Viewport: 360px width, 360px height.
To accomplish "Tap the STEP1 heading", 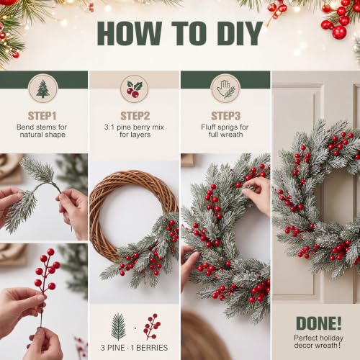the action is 42,116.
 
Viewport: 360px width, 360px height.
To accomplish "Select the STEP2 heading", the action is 135,116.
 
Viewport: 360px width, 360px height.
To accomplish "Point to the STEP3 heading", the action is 225,116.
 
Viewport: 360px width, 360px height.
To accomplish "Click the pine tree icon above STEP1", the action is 43,89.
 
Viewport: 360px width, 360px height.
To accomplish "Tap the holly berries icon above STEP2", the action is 135,89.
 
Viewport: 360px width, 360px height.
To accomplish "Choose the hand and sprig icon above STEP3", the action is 225,89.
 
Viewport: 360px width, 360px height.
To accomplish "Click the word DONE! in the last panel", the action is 319,323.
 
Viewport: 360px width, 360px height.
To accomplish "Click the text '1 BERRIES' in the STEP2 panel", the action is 149,348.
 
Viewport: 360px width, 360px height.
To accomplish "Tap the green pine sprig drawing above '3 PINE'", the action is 118,327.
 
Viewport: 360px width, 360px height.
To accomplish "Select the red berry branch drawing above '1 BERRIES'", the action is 152,327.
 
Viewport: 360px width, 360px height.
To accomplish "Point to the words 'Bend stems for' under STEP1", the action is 42,127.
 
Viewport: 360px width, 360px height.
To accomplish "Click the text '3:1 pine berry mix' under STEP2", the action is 134,127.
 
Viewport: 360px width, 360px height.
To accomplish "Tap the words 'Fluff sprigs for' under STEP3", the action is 225,127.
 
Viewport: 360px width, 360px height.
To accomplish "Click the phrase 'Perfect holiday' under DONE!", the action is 318,338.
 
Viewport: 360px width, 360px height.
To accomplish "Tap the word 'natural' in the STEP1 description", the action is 30,135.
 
